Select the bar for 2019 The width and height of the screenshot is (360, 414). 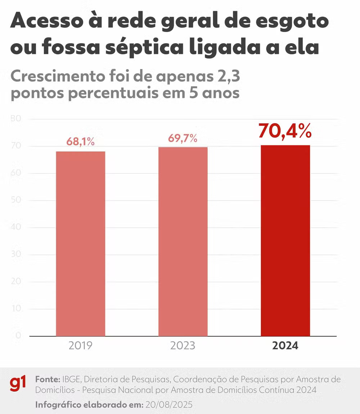(x=81, y=244)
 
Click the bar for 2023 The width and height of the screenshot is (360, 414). (x=183, y=241)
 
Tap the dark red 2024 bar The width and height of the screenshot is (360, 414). (x=285, y=240)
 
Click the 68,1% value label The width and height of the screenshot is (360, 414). (x=81, y=142)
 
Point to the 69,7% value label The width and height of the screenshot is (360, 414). (x=183, y=138)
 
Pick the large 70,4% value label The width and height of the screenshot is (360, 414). (x=285, y=131)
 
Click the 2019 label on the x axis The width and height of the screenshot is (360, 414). (x=81, y=346)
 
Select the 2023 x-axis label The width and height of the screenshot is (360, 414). (x=183, y=346)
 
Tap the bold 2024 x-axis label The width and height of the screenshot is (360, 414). (x=285, y=346)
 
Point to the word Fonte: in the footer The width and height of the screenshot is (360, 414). (x=48, y=379)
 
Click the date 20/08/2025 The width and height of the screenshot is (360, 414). (x=169, y=405)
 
